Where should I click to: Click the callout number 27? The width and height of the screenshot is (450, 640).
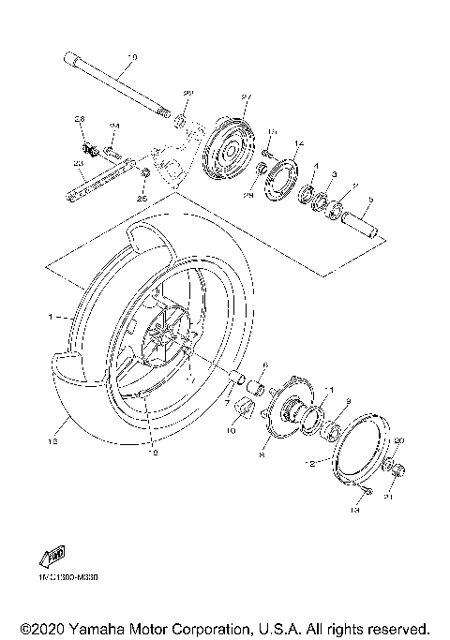247,97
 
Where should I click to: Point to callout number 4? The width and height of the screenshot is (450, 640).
316,166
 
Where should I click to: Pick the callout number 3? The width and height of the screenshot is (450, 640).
336,174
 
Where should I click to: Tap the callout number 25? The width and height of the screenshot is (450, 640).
142,198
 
